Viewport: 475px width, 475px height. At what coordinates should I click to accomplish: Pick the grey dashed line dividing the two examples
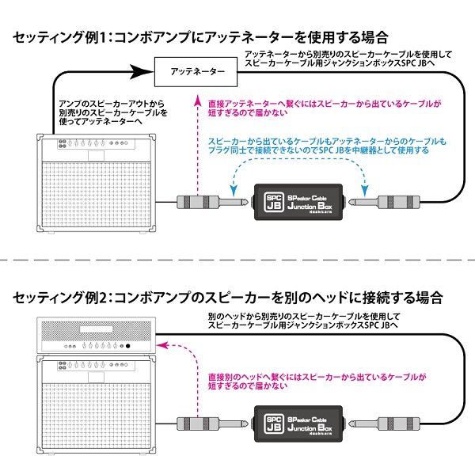(x=237, y=259)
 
